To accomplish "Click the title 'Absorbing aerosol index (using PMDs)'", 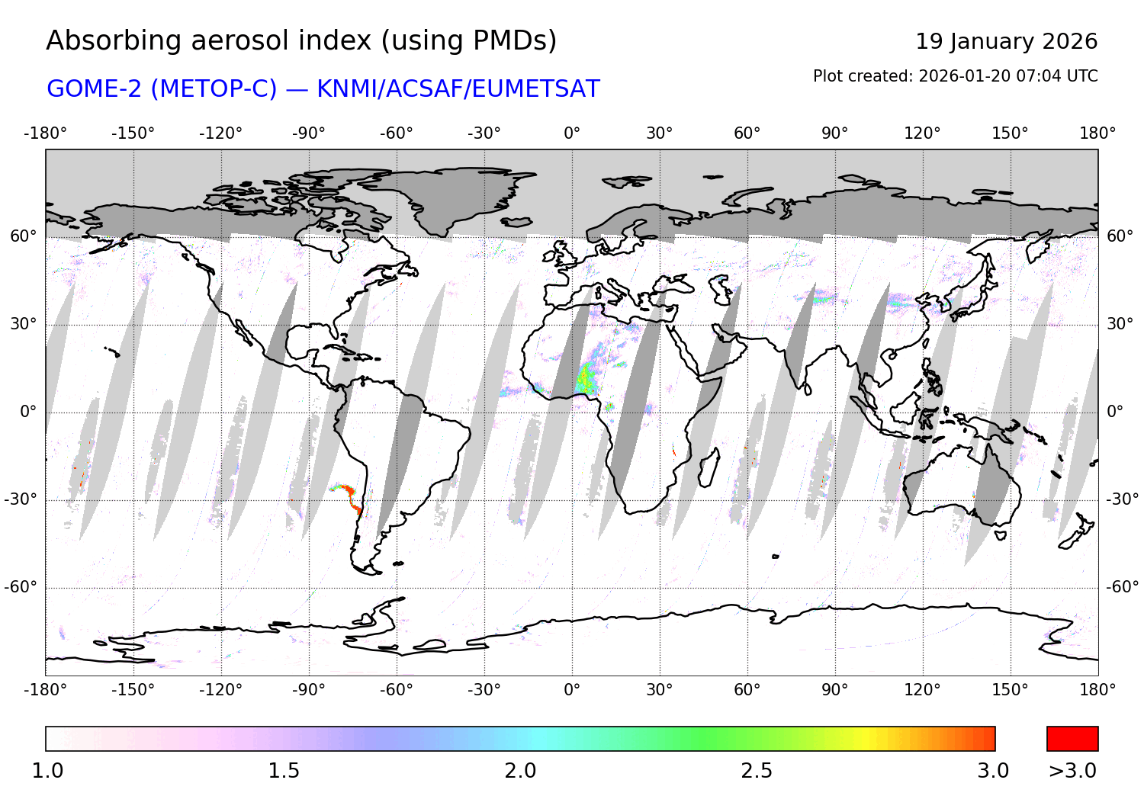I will point(301,41).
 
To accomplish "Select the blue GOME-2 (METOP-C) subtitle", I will point(323,89).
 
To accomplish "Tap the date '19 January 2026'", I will point(1006,42).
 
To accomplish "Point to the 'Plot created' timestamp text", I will point(955,76).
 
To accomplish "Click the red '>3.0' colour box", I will point(1072,739).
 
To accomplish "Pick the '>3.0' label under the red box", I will point(1072,771).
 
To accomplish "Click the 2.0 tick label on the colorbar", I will point(520,771).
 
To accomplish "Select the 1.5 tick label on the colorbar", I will point(284,771).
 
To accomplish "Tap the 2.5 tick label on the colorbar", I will point(757,771).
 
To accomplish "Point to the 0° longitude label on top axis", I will point(572,133).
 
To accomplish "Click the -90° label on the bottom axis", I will point(308,690).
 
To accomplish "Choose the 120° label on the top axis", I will point(922,133).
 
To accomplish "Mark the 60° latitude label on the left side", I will point(23,236).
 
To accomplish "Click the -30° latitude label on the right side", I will point(1122,499).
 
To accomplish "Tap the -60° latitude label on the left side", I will point(21,587).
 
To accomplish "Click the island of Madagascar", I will point(709,467).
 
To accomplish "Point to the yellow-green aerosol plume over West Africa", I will point(586,378).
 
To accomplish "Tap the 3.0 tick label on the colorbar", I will point(993,771).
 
